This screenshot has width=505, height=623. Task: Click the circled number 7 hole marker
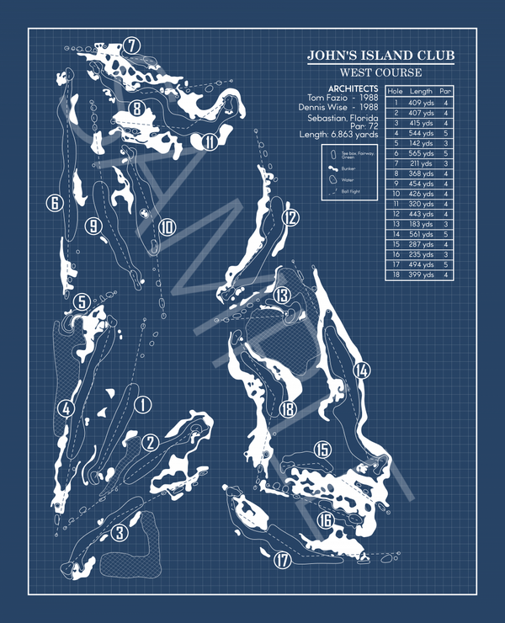pos(130,45)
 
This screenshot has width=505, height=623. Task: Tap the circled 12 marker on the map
pos(290,218)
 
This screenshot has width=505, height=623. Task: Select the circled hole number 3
pos(120,532)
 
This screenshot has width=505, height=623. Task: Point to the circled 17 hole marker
pos(282,560)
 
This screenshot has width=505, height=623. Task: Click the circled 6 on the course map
pos(54,203)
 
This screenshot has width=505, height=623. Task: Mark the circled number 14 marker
pos(362,370)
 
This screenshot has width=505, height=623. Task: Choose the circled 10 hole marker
pos(167,226)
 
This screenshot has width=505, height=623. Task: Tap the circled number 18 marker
pos(289,409)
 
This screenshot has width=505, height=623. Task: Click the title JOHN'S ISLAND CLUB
pos(380,56)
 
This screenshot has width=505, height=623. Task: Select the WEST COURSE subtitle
pos(380,72)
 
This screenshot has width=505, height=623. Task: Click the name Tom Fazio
pos(329,98)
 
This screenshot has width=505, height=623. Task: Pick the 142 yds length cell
pos(422,143)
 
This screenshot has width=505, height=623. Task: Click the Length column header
pos(421,91)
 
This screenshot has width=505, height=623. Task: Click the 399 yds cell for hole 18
pos(422,274)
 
